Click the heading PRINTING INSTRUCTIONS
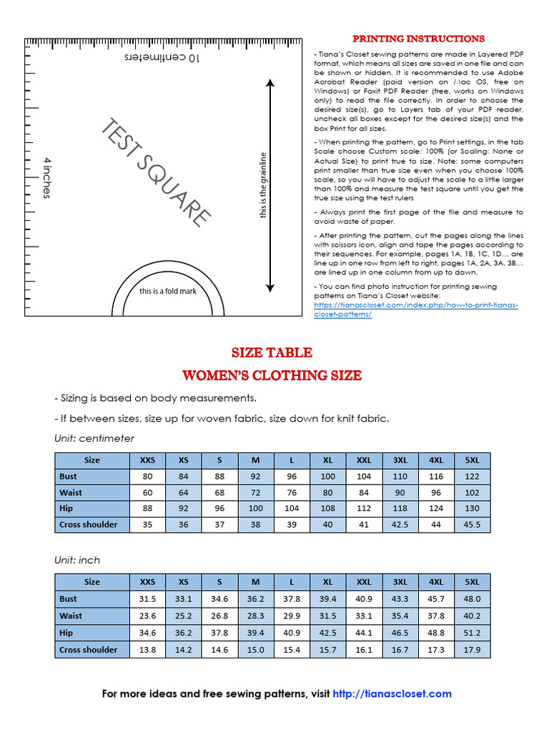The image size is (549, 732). click(418, 39)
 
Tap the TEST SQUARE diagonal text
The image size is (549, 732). click(156, 172)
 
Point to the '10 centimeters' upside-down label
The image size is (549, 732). click(162, 57)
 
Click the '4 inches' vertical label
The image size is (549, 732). click(47, 177)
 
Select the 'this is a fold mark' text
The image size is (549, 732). click(168, 291)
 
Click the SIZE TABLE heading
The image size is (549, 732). click(272, 352)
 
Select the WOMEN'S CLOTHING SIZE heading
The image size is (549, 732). click(272, 375)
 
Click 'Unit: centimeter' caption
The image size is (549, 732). click(94, 438)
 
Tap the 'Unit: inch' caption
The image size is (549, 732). click(77, 560)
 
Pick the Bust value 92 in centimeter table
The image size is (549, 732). click(255, 476)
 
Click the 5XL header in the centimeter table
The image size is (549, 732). click(472, 460)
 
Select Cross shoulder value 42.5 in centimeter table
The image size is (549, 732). click(400, 525)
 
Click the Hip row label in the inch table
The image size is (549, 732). click(66, 633)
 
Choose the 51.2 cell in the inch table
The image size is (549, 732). click(472, 633)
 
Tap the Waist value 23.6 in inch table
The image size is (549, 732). click(147, 615)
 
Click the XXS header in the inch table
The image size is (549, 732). click(147, 582)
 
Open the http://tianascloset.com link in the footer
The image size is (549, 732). click(392, 693)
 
